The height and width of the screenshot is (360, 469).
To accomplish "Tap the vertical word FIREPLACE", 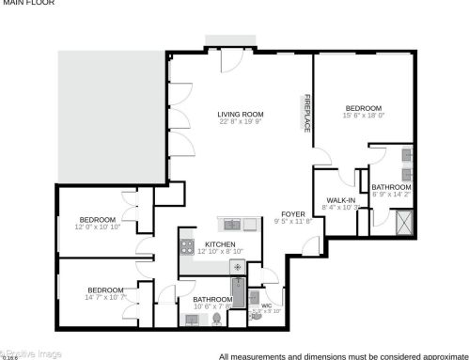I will [306, 113].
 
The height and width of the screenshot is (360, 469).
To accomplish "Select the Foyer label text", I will [293, 214].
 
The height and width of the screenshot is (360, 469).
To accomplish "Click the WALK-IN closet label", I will [340, 200].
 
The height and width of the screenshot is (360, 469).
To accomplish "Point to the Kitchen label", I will [220, 243].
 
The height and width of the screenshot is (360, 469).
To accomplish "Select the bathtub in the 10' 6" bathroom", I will [238, 297].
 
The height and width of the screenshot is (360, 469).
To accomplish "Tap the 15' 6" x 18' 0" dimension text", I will [362, 116].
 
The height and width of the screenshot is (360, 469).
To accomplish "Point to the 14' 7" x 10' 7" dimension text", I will [106, 298].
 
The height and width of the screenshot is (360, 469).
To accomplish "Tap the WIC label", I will [266, 305].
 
